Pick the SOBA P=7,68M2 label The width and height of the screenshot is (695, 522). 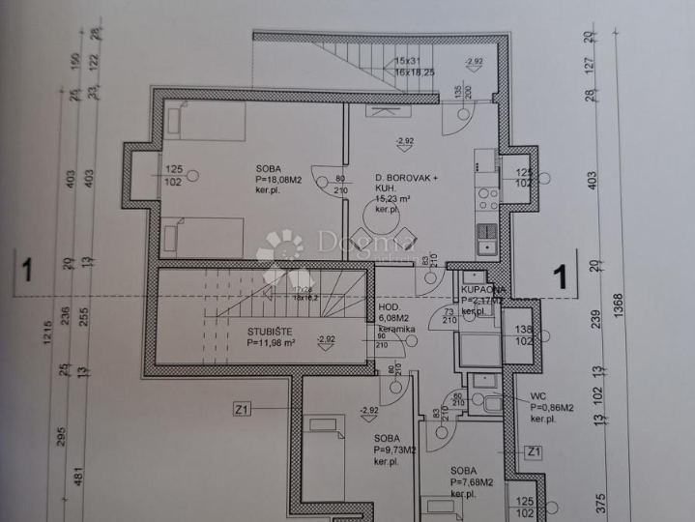coord(472,480)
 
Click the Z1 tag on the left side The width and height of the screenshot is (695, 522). coord(243,409)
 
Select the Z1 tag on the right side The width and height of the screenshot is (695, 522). coord(533,451)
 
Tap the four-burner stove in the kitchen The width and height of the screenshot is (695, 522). coord(487,199)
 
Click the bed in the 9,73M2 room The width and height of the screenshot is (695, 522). coord(322,459)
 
